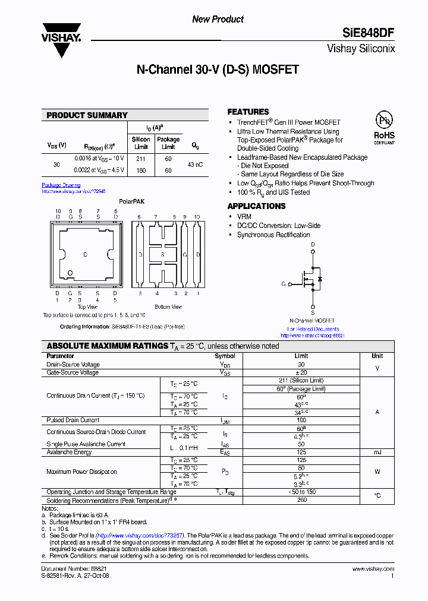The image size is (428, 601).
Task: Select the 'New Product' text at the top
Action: click(x=218, y=20)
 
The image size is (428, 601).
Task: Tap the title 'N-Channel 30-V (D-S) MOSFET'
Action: click(x=218, y=70)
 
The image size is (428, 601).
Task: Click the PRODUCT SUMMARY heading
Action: click(x=87, y=115)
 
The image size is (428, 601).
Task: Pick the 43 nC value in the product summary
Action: click(x=195, y=164)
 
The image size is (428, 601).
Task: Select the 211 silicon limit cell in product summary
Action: click(x=141, y=159)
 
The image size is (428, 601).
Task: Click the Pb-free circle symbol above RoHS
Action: click(x=384, y=121)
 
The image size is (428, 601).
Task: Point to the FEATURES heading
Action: click(x=248, y=112)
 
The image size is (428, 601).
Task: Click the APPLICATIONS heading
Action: click(x=256, y=206)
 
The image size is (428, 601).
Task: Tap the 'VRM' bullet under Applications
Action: click(x=244, y=217)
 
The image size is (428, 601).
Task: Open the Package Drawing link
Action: click(x=61, y=185)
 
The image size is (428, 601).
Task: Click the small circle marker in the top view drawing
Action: click(x=71, y=273)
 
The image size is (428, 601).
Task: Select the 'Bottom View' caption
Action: click(x=168, y=307)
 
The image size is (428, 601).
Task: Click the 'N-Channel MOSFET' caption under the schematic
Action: click(x=312, y=321)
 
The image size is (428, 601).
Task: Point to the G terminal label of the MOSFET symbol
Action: click(x=284, y=284)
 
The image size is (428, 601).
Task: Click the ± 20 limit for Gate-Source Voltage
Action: click(x=301, y=372)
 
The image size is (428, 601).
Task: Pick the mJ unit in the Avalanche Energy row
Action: click(x=377, y=452)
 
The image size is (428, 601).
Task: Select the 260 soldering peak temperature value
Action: click(x=301, y=500)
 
